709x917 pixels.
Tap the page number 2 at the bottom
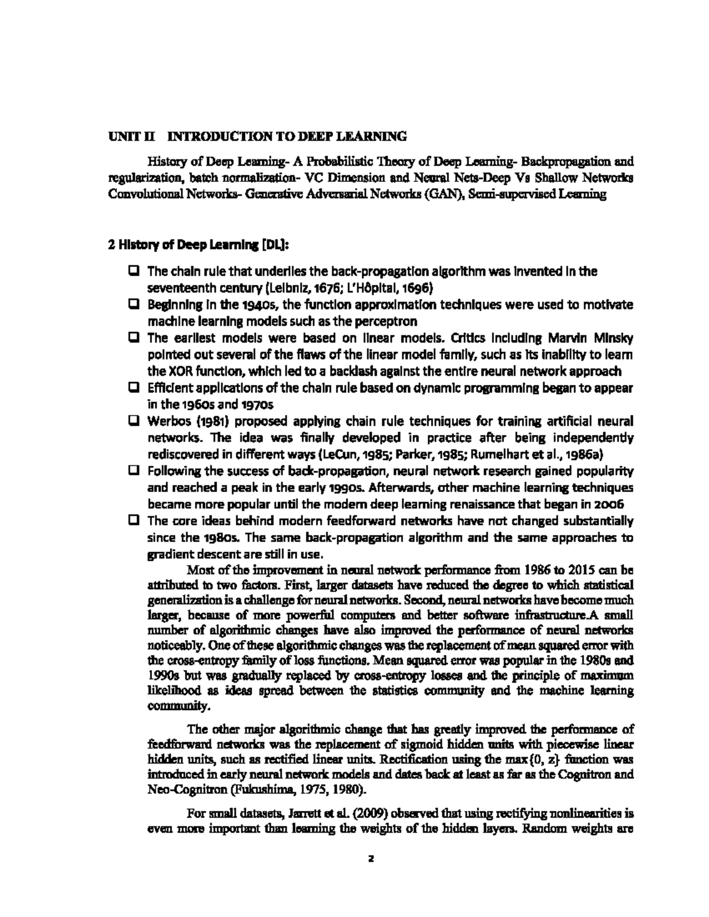(x=371, y=860)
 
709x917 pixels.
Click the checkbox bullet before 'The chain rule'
(x=134, y=272)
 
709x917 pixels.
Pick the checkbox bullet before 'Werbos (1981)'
(x=134, y=422)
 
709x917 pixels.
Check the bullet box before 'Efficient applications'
(x=134, y=389)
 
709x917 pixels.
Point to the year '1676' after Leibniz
(x=318, y=289)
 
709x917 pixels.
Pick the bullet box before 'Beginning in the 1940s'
(x=134, y=305)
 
